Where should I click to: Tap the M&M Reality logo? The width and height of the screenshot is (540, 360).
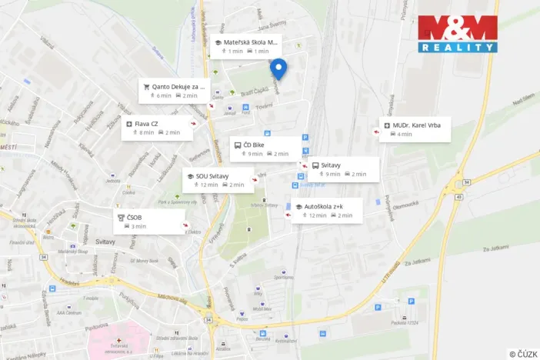(x=457, y=33)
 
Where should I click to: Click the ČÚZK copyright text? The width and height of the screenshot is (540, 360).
(x=523, y=353)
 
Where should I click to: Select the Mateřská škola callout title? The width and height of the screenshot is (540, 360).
(x=252, y=42)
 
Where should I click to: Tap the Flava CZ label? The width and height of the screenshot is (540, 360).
(x=147, y=123)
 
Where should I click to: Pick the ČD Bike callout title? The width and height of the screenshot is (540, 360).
(x=254, y=144)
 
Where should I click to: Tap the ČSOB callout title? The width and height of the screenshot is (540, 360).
(x=135, y=217)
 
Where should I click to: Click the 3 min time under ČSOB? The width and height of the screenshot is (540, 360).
(x=138, y=226)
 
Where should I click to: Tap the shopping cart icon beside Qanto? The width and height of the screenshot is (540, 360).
(x=145, y=87)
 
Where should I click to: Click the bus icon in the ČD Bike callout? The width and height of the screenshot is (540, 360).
(x=236, y=144)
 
